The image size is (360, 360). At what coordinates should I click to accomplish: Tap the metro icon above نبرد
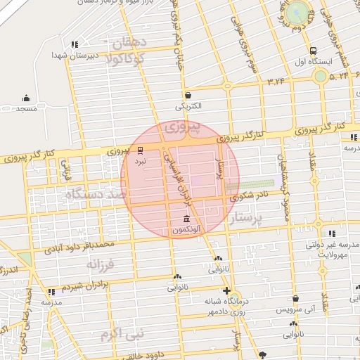click(141, 150)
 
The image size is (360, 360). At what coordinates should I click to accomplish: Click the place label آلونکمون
click(186, 230)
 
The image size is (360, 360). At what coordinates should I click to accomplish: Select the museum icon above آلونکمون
click(186, 219)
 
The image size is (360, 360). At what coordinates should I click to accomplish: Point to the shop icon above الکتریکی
click(188, 95)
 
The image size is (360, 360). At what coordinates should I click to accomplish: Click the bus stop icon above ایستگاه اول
click(313, 51)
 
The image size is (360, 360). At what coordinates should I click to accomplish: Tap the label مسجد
click(27, 110)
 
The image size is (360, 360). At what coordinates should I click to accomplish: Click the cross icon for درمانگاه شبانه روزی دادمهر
click(226, 290)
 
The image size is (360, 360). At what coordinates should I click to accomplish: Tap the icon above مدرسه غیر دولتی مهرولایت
click(332, 233)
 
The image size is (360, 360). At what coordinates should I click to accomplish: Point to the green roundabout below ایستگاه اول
click(321, 75)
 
